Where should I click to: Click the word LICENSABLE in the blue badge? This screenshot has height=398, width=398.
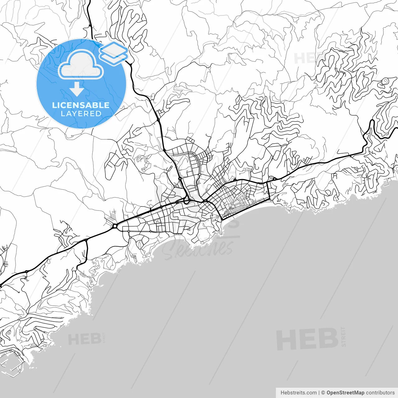click(x=81, y=105)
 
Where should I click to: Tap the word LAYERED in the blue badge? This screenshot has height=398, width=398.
click(x=81, y=114)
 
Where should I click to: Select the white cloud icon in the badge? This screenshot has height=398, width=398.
click(x=81, y=65)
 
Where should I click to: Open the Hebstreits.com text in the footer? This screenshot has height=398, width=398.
click(x=298, y=393)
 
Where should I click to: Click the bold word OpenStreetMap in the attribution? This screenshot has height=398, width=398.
click(x=345, y=393)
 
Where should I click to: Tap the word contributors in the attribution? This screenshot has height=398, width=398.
click(x=380, y=393)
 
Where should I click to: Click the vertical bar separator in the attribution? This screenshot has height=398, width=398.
click(x=319, y=393)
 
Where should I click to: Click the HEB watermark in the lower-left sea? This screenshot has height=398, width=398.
click(x=84, y=339)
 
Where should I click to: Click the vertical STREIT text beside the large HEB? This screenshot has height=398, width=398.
click(x=343, y=336)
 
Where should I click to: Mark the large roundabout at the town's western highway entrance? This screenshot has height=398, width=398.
click(x=115, y=226)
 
